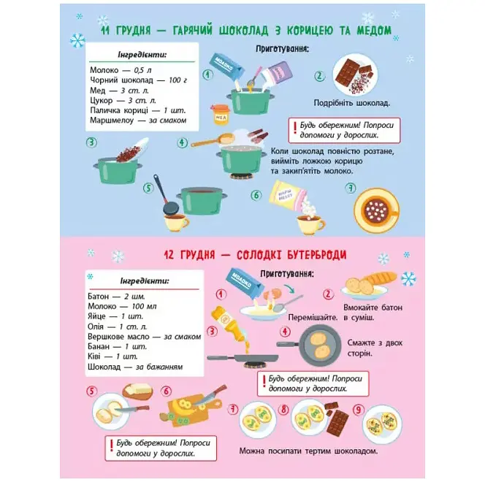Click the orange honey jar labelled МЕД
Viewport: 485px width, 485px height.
[x=221, y=115]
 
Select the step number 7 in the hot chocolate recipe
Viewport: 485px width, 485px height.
[x=350, y=188]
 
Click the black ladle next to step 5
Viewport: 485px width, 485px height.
[x=166, y=196]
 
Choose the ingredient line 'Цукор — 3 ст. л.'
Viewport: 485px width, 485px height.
[x=123, y=101]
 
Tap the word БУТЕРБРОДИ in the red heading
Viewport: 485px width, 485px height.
[x=316, y=255]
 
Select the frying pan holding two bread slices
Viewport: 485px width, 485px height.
[x=309, y=345]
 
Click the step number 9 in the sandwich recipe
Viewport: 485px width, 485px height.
[x=358, y=410]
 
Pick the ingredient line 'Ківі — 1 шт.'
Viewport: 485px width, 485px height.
[x=112, y=356]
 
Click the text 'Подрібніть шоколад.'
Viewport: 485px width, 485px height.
[x=351, y=103]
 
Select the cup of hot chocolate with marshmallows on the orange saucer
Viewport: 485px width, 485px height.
[x=377, y=210]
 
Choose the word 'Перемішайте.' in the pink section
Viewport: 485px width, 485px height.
[x=313, y=318]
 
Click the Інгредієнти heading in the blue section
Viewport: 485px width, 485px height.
[x=142, y=55]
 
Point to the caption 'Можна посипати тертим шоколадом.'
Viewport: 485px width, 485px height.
[x=308, y=451]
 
